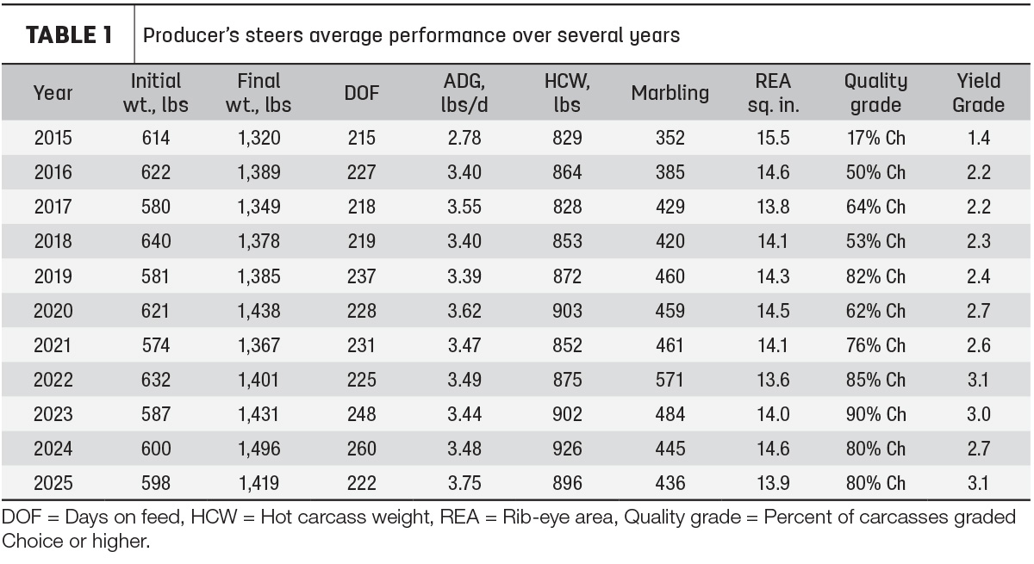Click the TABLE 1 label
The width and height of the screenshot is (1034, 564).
(x=69, y=35)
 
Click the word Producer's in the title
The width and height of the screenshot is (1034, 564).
(x=191, y=35)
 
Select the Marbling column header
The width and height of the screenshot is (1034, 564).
(x=670, y=93)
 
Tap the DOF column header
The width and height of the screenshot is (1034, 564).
(x=361, y=93)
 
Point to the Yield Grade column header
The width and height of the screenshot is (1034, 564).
(x=978, y=93)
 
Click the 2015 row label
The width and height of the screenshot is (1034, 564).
(x=53, y=138)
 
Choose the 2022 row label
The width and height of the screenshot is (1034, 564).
(x=53, y=380)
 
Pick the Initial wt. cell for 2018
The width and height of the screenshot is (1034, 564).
(x=156, y=241)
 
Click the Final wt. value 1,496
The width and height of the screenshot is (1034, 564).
(x=258, y=449)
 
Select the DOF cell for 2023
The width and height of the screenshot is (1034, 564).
(x=361, y=414)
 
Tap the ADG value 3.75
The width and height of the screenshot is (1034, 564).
(x=464, y=483)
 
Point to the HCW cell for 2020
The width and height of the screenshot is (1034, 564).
(x=567, y=311)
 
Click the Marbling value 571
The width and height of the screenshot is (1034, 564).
(x=670, y=380)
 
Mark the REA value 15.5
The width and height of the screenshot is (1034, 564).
(x=773, y=138)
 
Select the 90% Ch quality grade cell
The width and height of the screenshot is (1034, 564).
(x=875, y=414)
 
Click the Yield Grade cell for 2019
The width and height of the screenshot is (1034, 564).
(x=979, y=276)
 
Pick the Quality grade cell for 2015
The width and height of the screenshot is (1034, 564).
(x=875, y=138)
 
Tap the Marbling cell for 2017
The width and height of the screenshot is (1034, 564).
(x=670, y=207)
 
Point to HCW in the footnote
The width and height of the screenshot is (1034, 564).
(x=214, y=517)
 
